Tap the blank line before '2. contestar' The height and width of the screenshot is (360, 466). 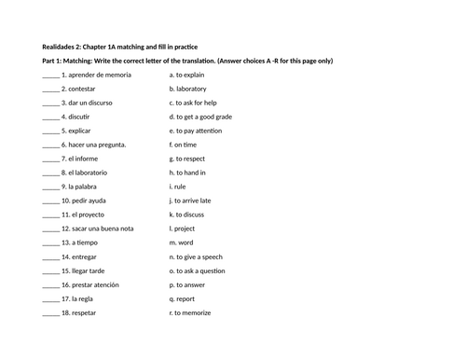[x=50, y=89]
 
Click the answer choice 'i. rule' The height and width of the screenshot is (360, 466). [x=178, y=186]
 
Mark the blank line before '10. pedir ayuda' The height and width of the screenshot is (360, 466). [x=50, y=202]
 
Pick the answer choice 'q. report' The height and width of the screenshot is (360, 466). [x=182, y=299]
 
